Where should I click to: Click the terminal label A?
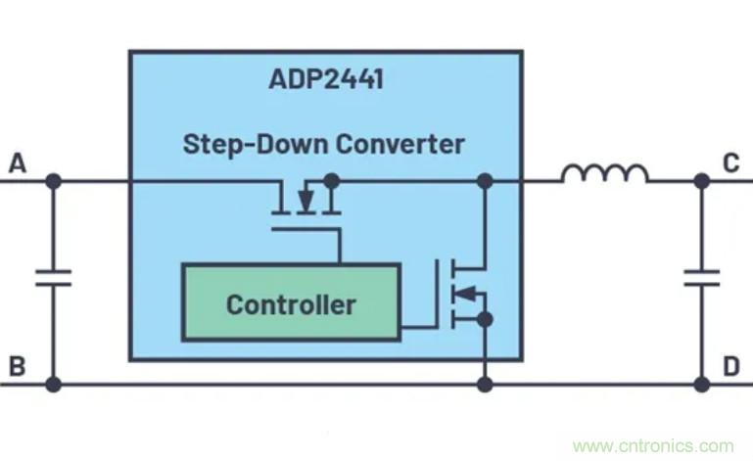pyautogui.click(x=17, y=163)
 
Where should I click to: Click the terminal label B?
pyautogui.click(x=17, y=367)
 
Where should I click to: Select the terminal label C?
pyautogui.click(x=730, y=163)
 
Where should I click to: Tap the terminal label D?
pyautogui.click(x=730, y=367)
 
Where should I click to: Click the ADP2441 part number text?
pyautogui.click(x=325, y=79)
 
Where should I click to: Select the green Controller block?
pyautogui.click(x=291, y=302)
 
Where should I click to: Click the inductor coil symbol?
pyautogui.click(x=604, y=174)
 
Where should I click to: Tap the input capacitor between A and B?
pyautogui.click(x=53, y=278)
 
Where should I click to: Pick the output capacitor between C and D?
pyautogui.click(x=701, y=278)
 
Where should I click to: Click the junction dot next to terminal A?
pyautogui.click(x=53, y=181)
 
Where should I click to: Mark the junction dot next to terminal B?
pyautogui.click(x=53, y=385)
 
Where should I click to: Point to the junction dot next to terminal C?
pyautogui.click(x=701, y=181)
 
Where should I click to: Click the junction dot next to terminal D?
pyautogui.click(x=701, y=385)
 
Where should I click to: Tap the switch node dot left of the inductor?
pyautogui.click(x=484, y=181)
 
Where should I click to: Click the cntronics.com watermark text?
pyautogui.click(x=652, y=446)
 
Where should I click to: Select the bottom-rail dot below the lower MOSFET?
pyautogui.click(x=484, y=385)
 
